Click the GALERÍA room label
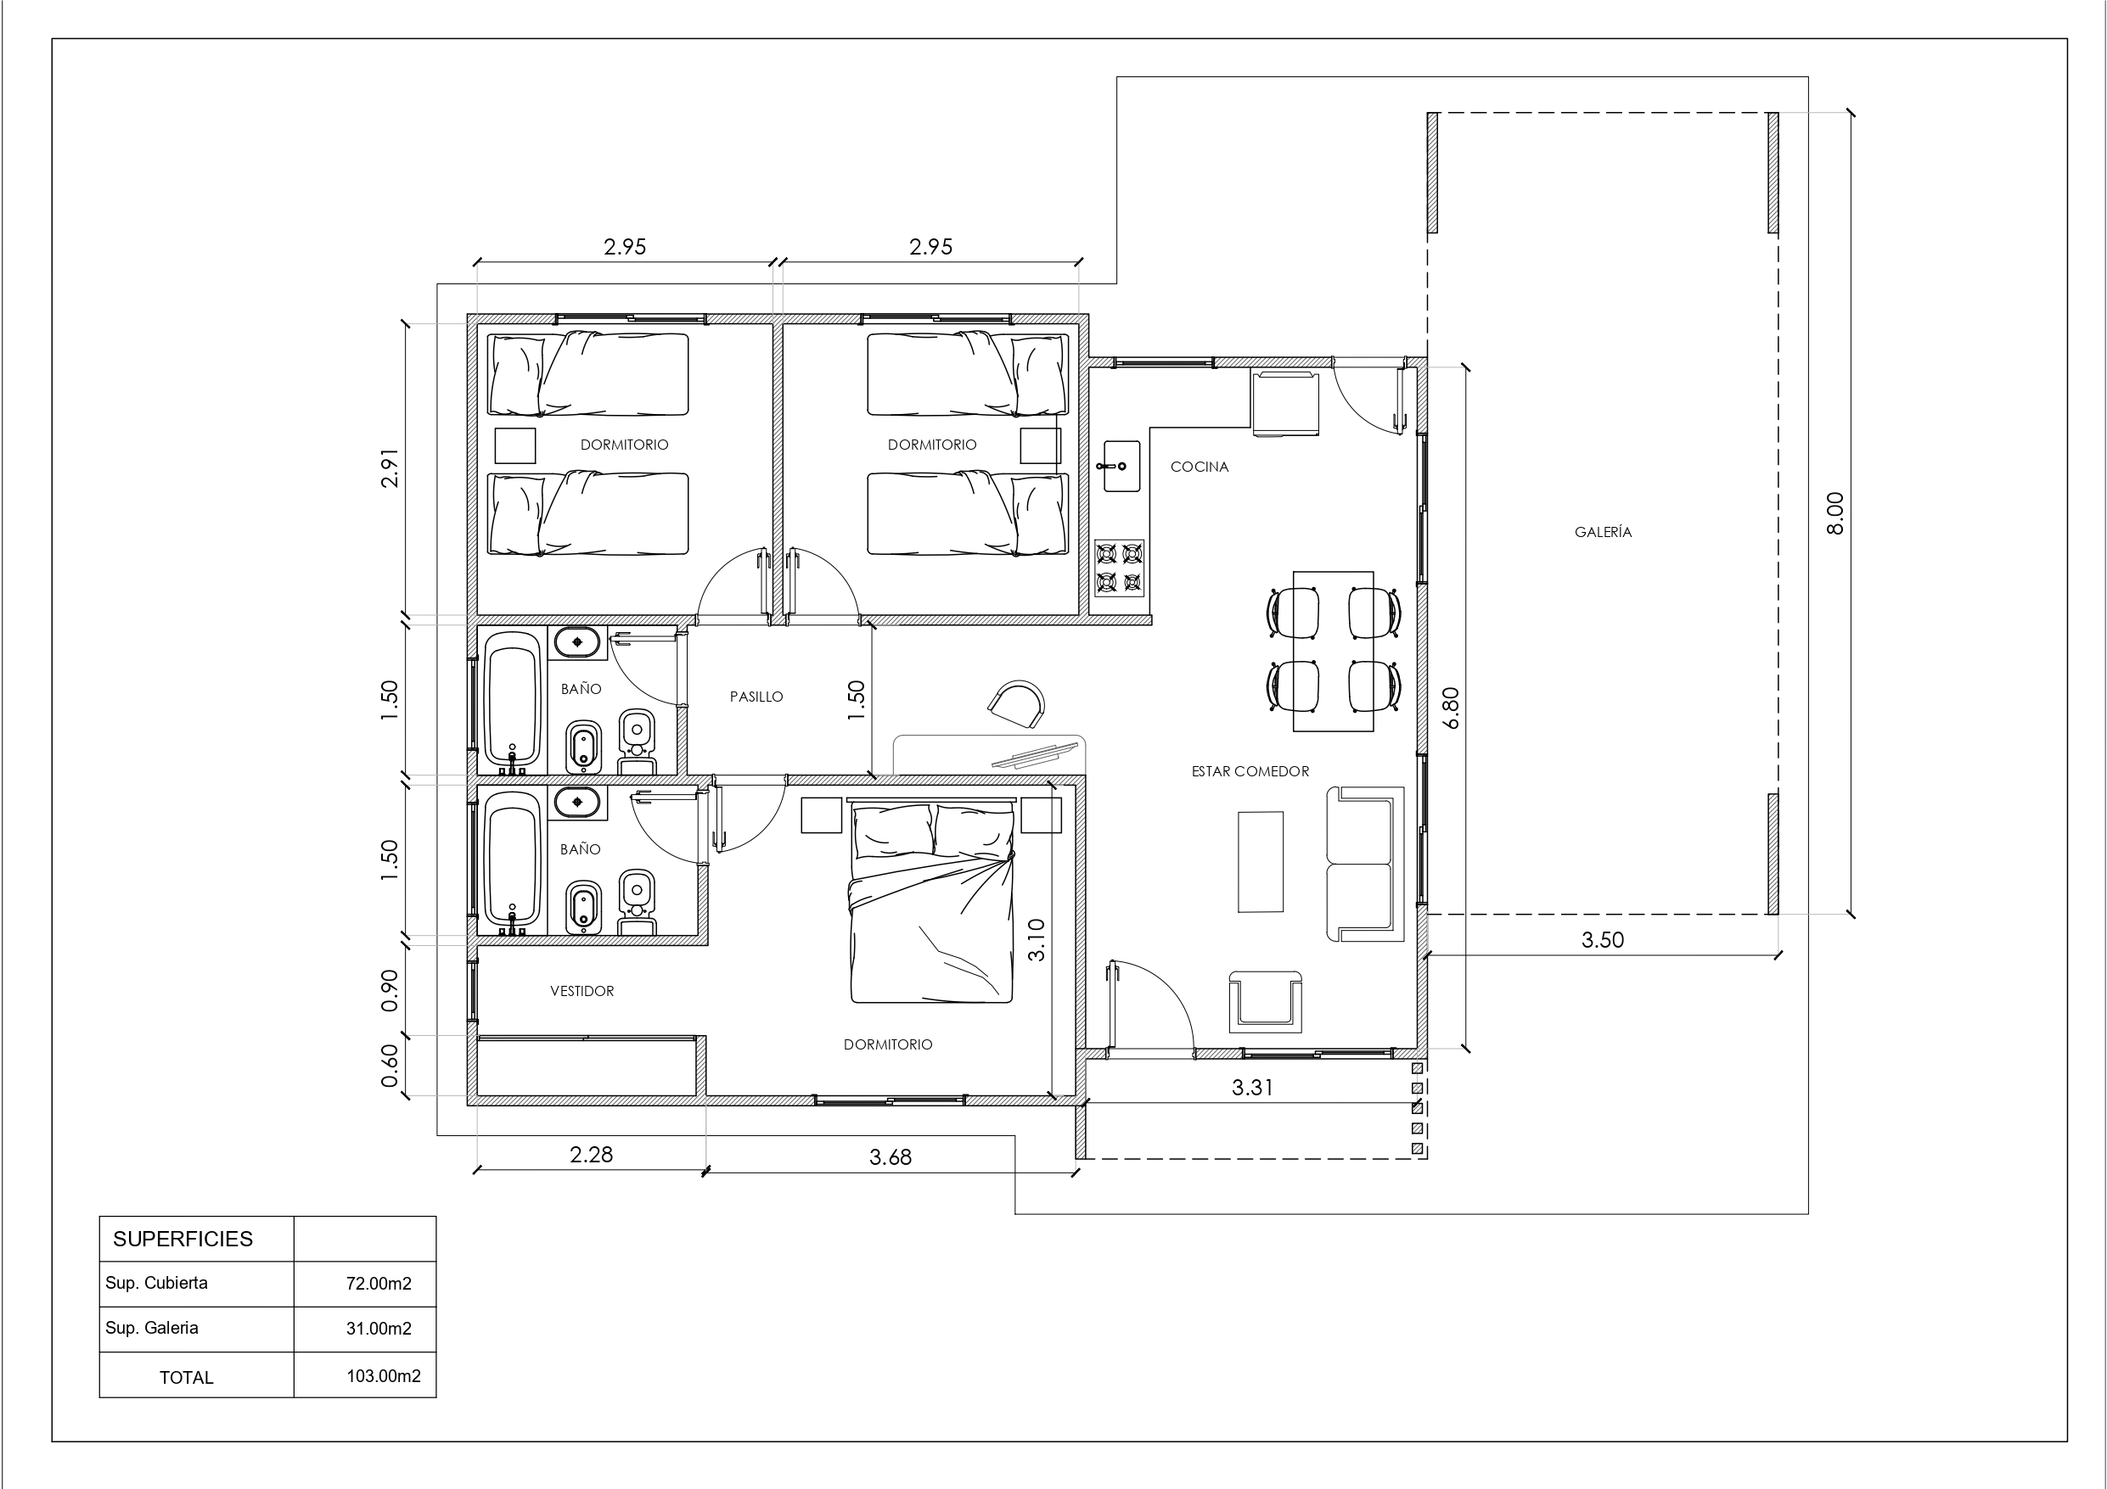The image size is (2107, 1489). tap(1604, 532)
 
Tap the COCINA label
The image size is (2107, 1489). tap(1200, 467)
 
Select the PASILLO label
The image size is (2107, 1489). tap(756, 697)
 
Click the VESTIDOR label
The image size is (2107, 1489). tap(582, 991)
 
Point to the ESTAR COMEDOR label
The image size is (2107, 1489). tap(1250, 771)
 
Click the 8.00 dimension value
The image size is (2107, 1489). tap(1834, 514)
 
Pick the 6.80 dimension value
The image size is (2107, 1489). tap(1450, 708)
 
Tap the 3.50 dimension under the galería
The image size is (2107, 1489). tap(1602, 939)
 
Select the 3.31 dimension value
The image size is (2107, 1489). tap(1251, 1087)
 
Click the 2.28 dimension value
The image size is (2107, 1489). tap(591, 1154)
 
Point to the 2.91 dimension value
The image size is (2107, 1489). tap(390, 467)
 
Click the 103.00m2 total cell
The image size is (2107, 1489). tap(384, 1376)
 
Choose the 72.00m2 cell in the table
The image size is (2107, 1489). tap(378, 1284)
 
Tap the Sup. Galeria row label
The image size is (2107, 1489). tap(151, 1328)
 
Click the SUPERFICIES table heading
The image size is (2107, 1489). tap(183, 1239)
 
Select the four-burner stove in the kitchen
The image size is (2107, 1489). tap(1120, 568)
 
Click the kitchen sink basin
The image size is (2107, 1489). tap(1120, 466)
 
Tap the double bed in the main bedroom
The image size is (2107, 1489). tap(932, 901)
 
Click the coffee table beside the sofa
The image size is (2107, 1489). tap(1260, 861)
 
